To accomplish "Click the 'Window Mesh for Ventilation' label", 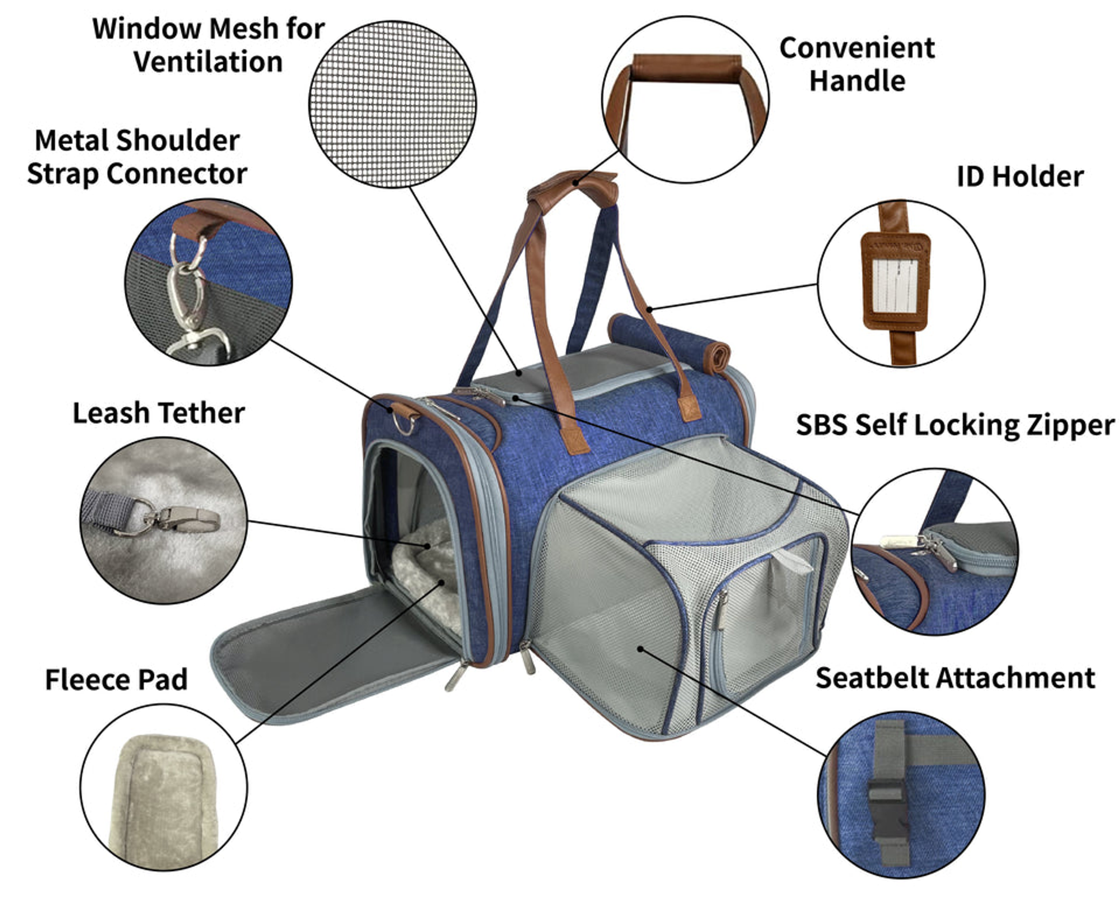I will click(208, 45).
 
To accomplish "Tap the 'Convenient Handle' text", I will click(856, 64).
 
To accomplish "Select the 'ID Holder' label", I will click(1019, 177).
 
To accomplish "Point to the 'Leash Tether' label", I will click(158, 413).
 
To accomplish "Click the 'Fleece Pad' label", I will click(116, 680).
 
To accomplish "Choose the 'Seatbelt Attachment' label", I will click(955, 678).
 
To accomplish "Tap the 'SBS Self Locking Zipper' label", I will click(955, 425).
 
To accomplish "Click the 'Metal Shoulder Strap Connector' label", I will click(137, 157).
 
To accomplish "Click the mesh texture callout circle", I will click(392, 104).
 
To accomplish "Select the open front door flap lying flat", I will click(334, 650).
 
